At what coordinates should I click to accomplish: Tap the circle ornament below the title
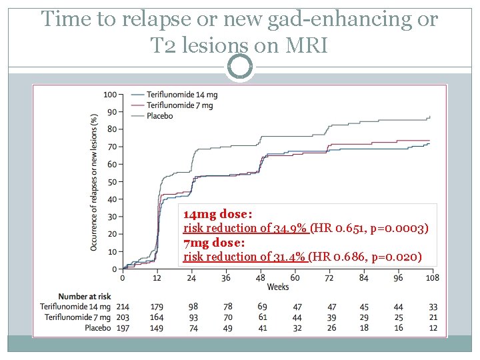pyautogui.click(x=240, y=67)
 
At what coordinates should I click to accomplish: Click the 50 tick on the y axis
pyautogui.click(x=111, y=181)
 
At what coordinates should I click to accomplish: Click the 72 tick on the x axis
pyautogui.click(x=329, y=277)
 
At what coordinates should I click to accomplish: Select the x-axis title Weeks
pyautogui.click(x=277, y=287)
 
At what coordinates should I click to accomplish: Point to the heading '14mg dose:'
pyautogui.click(x=217, y=215)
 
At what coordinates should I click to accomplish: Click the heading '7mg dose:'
pyautogui.click(x=214, y=243)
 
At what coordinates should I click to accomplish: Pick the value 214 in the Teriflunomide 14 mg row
pyautogui.click(x=123, y=306)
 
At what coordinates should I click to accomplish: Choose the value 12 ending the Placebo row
pyautogui.click(x=433, y=328)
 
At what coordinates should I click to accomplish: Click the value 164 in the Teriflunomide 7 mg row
pyautogui.click(x=157, y=317)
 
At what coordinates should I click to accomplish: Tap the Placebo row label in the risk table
pyautogui.click(x=99, y=328)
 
